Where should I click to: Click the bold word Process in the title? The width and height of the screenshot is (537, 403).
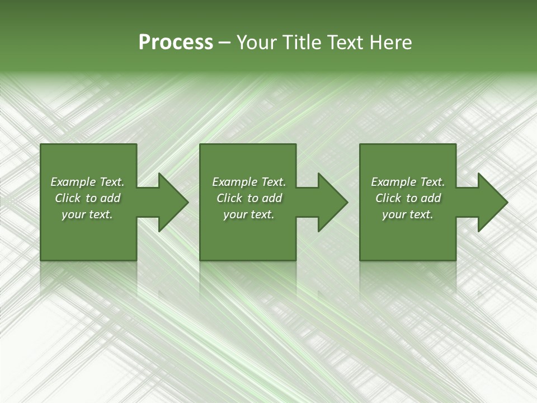(x=176, y=43)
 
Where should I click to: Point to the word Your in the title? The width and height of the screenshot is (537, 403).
(x=257, y=43)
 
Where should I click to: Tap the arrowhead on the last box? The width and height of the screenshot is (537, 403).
(x=492, y=202)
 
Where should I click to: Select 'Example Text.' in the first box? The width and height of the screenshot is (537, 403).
(x=87, y=182)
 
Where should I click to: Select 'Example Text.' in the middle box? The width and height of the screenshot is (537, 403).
(x=248, y=182)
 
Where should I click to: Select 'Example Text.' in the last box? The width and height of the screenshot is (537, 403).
(x=408, y=182)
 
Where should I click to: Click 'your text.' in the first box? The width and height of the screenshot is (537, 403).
(x=87, y=214)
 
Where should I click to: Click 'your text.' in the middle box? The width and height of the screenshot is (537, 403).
(x=248, y=214)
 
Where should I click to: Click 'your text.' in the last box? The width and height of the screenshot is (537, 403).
(x=408, y=214)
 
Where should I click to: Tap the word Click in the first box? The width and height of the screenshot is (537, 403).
(x=68, y=198)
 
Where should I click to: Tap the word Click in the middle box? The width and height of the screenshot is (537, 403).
(x=229, y=198)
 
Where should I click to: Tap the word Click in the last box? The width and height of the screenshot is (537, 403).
(x=389, y=198)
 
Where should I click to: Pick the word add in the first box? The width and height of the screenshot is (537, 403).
(x=110, y=198)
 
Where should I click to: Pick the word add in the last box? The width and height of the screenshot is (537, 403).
(x=431, y=198)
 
